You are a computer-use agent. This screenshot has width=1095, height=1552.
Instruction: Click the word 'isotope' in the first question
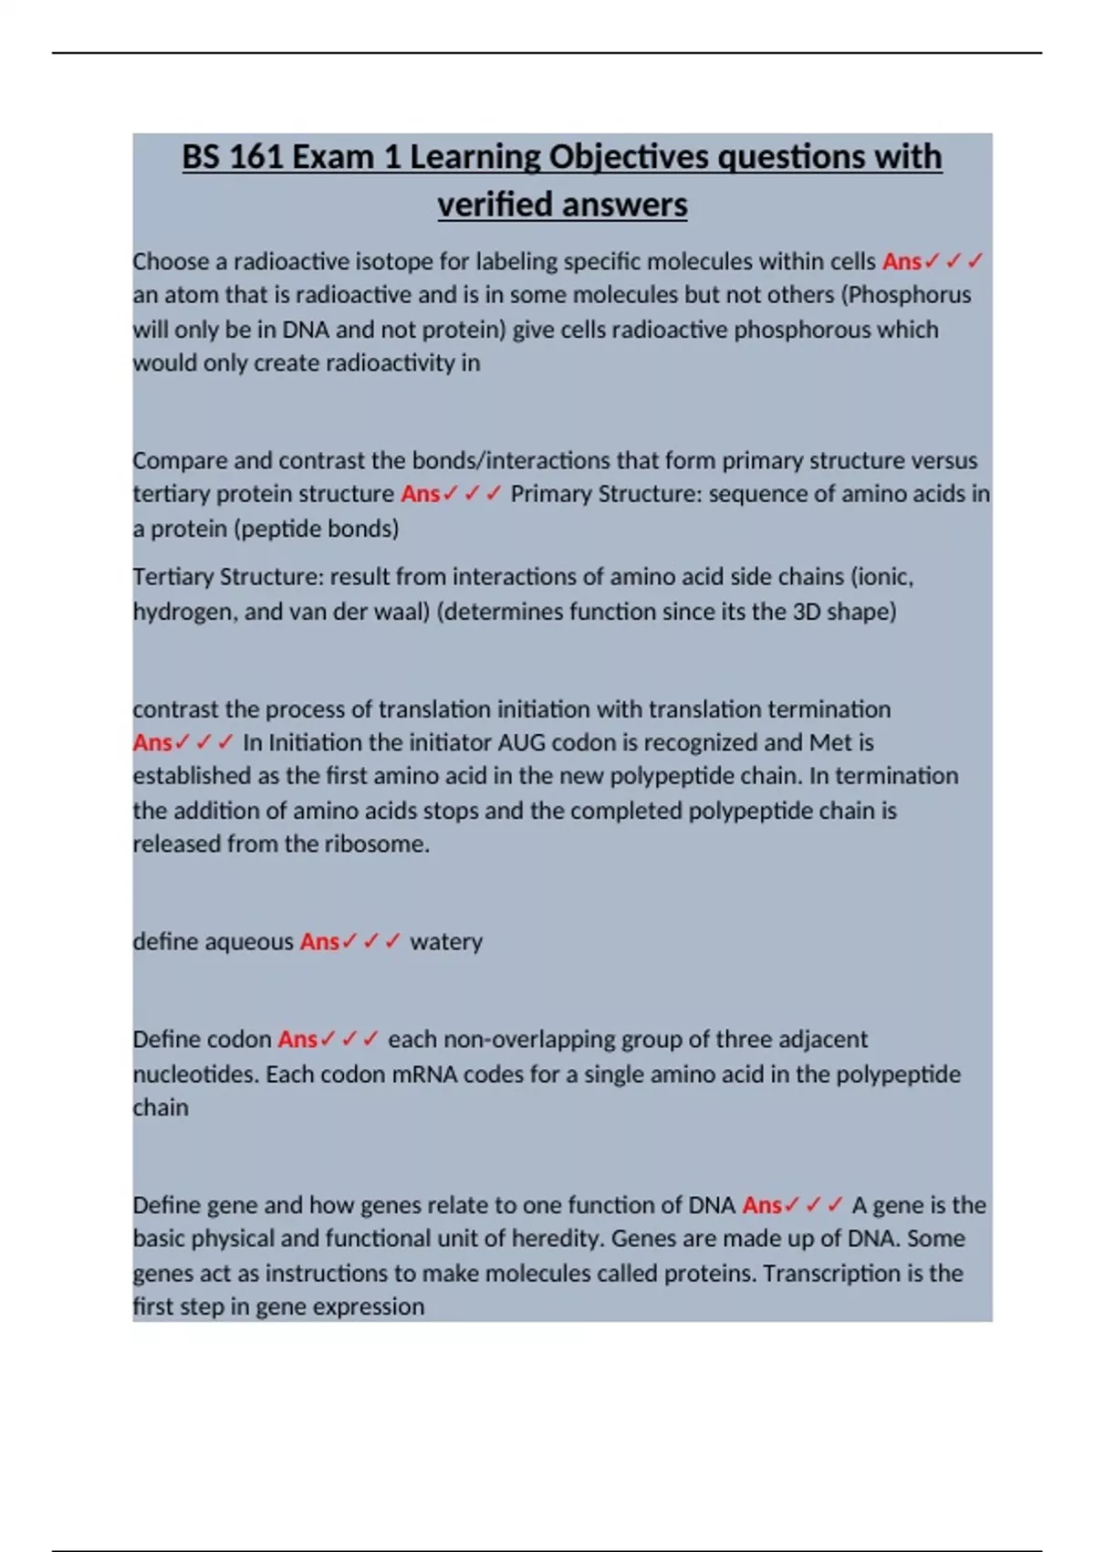(x=394, y=262)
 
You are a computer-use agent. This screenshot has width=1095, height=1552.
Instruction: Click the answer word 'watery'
(x=446, y=942)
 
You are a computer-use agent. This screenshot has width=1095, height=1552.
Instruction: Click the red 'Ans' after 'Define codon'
(x=297, y=1040)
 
